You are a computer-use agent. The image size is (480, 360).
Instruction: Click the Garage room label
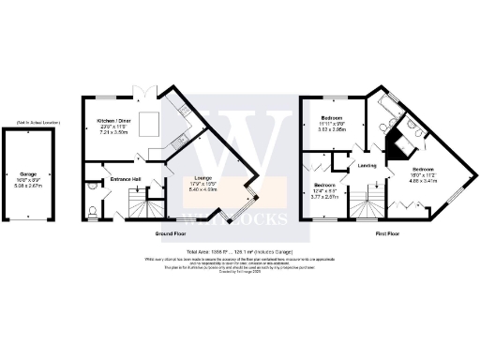tap(28, 173)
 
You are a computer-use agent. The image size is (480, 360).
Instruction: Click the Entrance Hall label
tap(126, 178)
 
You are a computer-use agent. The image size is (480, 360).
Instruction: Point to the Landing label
tap(367, 166)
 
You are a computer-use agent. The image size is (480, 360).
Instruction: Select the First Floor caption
tap(388, 232)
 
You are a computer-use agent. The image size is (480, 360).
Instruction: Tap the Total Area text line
tap(239, 250)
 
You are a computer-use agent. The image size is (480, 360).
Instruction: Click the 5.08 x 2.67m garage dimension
tap(28, 187)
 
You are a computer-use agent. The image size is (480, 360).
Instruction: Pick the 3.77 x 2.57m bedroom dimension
tap(325, 198)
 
